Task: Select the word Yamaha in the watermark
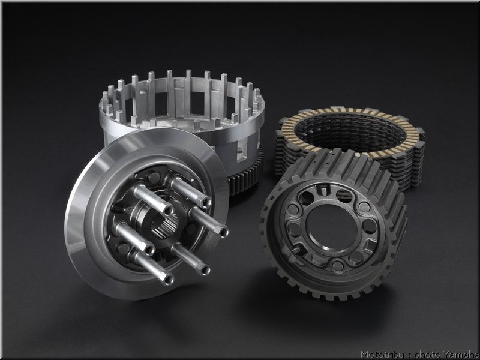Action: pos(461,355)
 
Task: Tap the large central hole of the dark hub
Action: pos(332,226)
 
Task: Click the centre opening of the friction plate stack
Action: pos(350,131)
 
